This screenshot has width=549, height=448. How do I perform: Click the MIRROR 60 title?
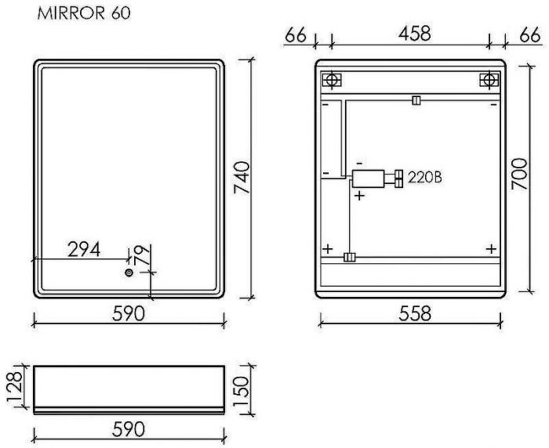point(84,13)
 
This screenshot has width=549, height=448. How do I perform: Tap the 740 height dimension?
point(242,177)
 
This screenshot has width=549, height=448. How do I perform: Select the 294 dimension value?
point(84,249)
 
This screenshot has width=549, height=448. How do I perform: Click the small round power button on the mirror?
point(129,273)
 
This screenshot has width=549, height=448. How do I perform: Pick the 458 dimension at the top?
point(415,34)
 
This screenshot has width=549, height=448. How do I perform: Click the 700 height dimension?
point(519,174)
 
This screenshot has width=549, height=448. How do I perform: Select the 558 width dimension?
point(415,313)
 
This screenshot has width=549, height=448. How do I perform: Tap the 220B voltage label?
point(425,178)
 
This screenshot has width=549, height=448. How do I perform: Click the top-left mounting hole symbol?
point(331,80)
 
